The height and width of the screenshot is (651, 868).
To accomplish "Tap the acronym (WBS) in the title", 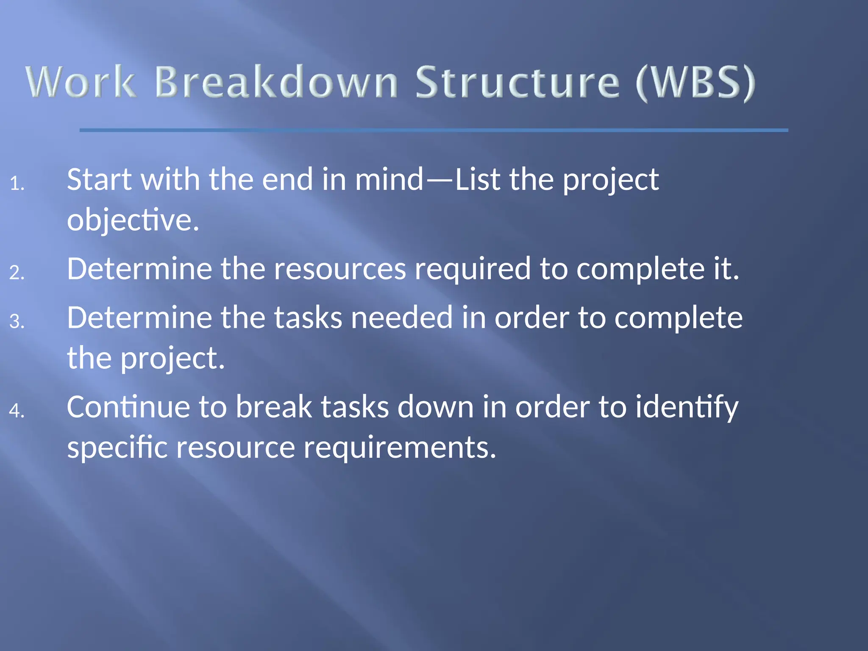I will click(x=695, y=83).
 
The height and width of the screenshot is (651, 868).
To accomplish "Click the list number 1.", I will click(x=17, y=184).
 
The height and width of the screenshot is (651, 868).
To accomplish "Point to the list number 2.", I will click(x=17, y=273).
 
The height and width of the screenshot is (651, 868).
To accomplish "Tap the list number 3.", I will click(x=17, y=321).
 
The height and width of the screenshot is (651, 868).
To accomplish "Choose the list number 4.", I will click(x=17, y=411).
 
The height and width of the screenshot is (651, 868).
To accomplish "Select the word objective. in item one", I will click(x=133, y=220).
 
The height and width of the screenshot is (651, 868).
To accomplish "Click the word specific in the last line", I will click(x=117, y=448).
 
